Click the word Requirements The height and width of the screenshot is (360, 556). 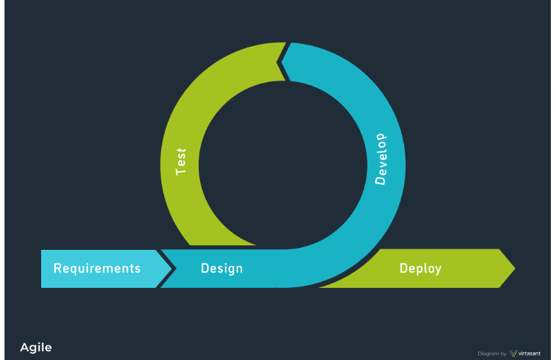click(x=97, y=268)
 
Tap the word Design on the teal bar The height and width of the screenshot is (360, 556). click(x=221, y=268)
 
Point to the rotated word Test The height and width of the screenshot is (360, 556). click(x=181, y=162)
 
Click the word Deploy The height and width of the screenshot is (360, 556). click(x=420, y=268)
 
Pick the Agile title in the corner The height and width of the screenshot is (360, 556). click(x=36, y=348)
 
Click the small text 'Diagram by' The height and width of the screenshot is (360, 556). click(x=492, y=354)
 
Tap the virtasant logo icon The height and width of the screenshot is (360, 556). click(x=513, y=353)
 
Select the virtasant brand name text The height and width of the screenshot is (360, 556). click(x=529, y=354)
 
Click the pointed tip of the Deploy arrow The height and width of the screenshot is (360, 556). click(x=514, y=268)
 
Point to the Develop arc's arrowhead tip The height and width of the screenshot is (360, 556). click(x=278, y=62)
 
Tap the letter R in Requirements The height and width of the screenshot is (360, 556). click(x=57, y=268)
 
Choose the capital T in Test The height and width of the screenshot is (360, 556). click(x=181, y=172)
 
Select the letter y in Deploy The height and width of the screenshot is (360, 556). click(x=438, y=270)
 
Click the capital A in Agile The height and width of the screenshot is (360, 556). click(x=24, y=348)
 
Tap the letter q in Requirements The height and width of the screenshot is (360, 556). click(x=74, y=270)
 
